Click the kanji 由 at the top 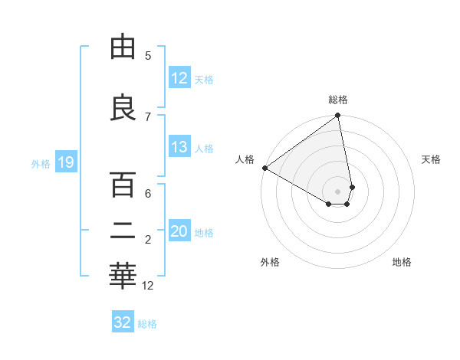pyautogui.click(x=123, y=48)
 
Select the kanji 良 pyautogui.click(x=123, y=106)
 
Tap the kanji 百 pyautogui.click(x=123, y=185)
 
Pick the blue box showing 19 pyautogui.click(x=65, y=162)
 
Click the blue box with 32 pyautogui.click(x=123, y=322)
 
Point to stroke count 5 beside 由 pyautogui.click(x=148, y=56)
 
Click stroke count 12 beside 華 pyautogui.click(x=148, y=286)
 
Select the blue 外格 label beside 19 pyautogui.click(x=41, y=162)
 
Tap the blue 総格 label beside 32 pyautogui.click(x=147, y=323)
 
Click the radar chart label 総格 pyautogui.click(x=338, y=100)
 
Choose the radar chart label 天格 pyautogui.click(x=432, y=159)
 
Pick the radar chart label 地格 pyautogui.click(x=402, y=262)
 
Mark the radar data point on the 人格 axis pyautogui.click(x=264, y=168)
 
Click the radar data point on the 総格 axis pyautogui.click(x=338, y=116)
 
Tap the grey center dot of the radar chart pyautogui.click(x=338, y=191)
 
